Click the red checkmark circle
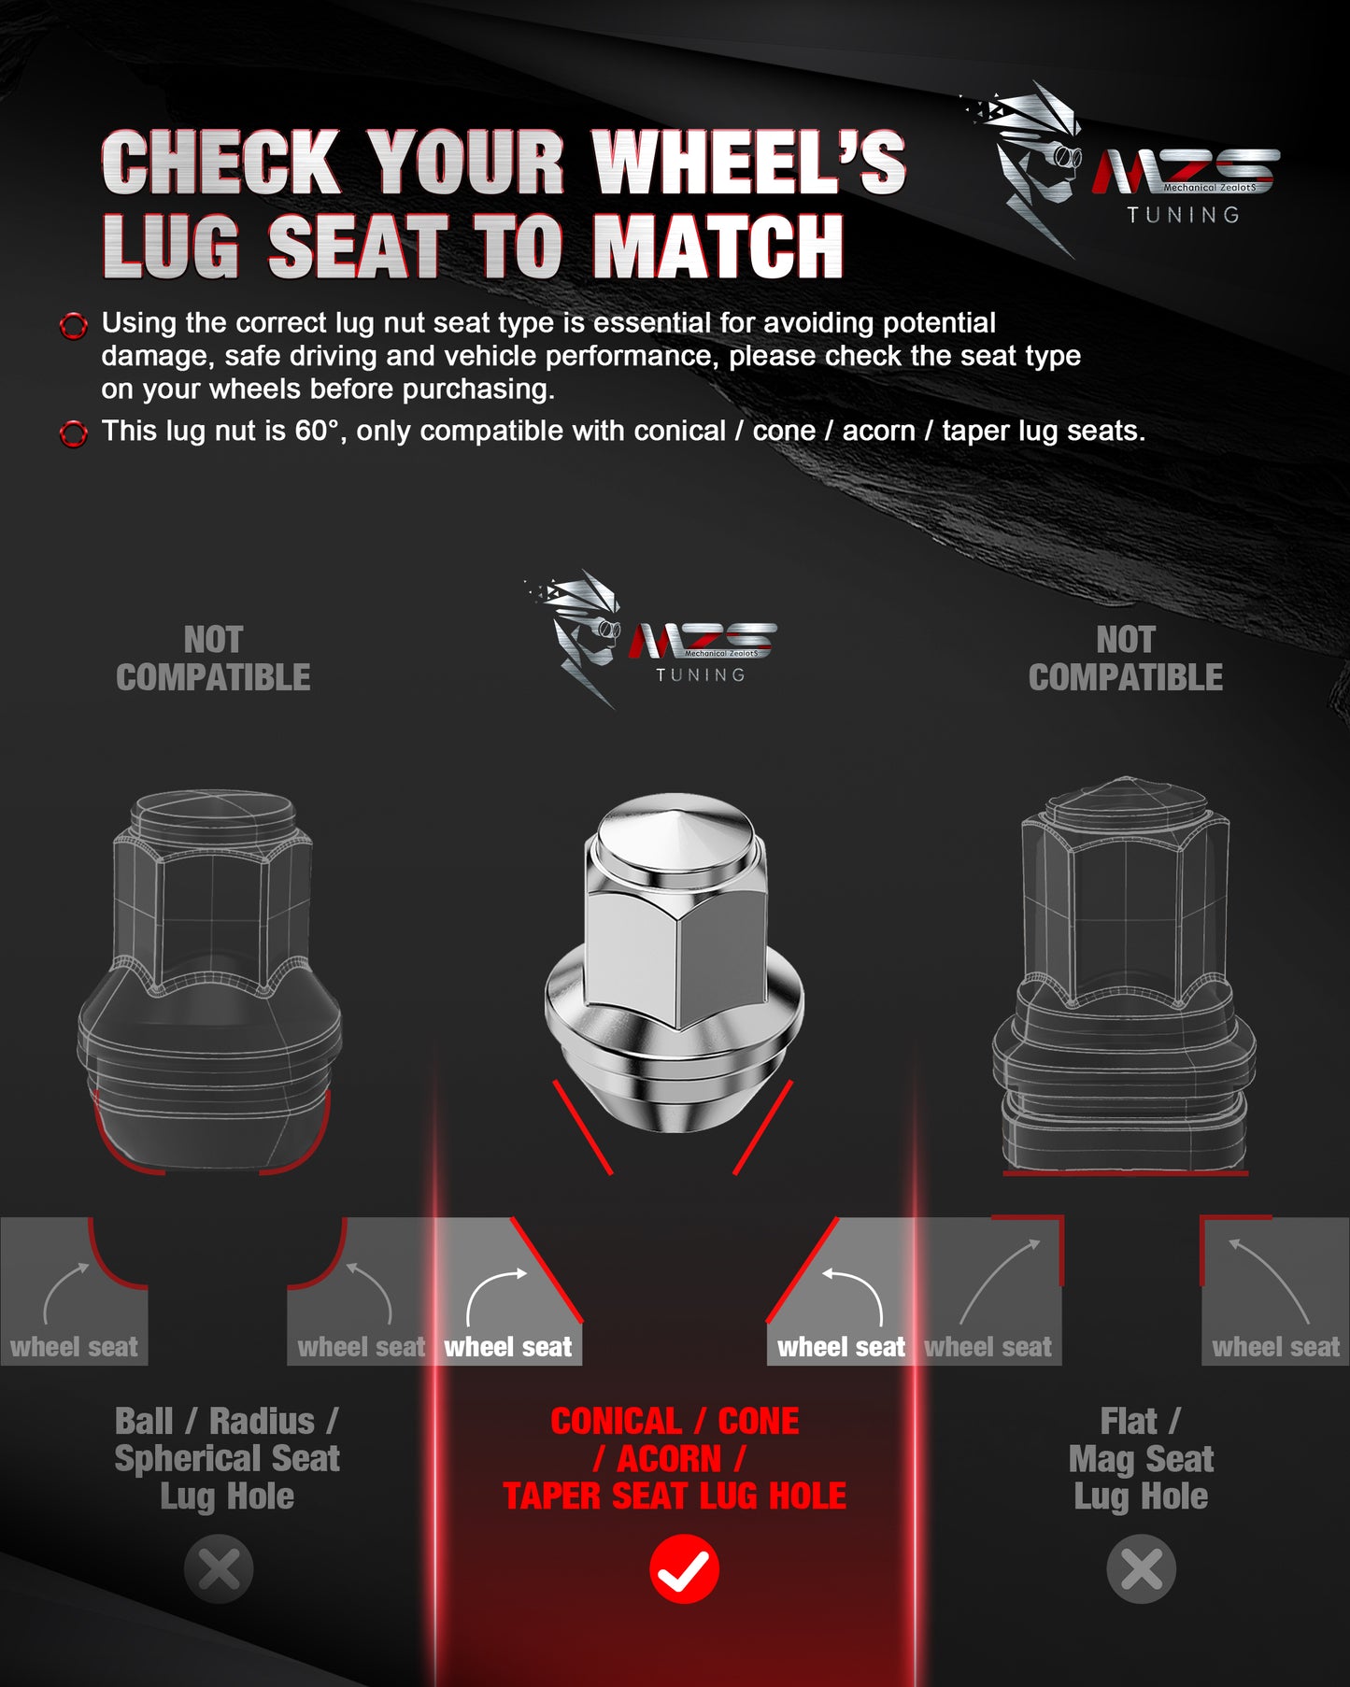click(684, 1568)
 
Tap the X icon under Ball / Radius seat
click(219, 1568)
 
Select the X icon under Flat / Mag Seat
click(1141, 1568)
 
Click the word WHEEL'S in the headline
click(749, 163)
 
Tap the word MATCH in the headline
click(718, 247)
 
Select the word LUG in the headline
click(172, 247)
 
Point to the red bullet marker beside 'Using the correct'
click(74, 326)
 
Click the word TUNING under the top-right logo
click(1183, 215)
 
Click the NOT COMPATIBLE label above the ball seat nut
click(213, 659)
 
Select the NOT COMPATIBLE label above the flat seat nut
click(1126, 659)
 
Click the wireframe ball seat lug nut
click(209, 981)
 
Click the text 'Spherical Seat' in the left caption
click(227, 1458)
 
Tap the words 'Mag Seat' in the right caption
click(1141, 1459)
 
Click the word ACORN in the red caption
click(669, 1458)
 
